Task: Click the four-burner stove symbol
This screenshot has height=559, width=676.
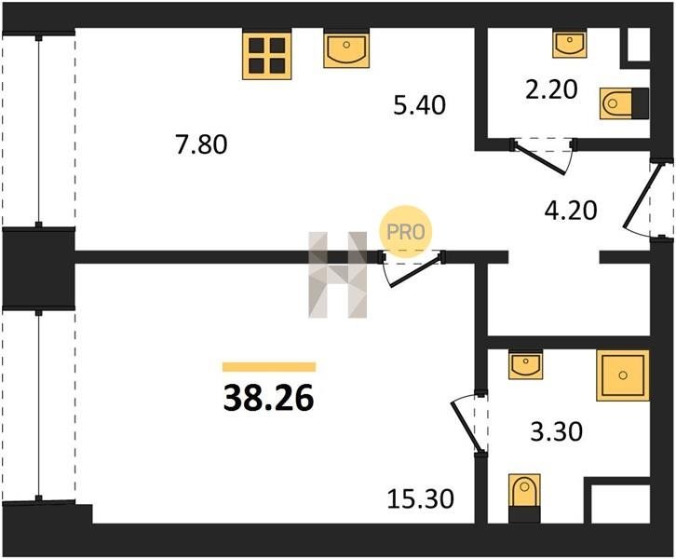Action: point(267,55)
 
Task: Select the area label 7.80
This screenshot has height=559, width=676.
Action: point(201,144)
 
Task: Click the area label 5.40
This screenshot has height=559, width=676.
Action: point(420,105)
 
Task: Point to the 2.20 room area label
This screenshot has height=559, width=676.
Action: point(551,90)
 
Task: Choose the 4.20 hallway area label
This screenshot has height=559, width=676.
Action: point(571,211)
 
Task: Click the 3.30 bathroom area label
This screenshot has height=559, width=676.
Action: point(557,431)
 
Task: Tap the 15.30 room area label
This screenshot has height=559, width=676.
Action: point(420,498)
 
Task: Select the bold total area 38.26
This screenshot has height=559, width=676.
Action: point(268,398)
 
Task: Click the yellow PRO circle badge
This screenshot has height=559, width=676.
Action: point(405,232)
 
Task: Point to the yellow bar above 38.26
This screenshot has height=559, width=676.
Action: point(269,367)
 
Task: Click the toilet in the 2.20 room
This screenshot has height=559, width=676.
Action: point(624,103)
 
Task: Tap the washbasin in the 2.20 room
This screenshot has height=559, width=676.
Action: point(570,43)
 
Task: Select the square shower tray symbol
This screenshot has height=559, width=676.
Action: point(623,375)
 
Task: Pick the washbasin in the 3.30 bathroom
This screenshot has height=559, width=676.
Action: point(525,364)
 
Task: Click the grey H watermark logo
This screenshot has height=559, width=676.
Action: point(338,275)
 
